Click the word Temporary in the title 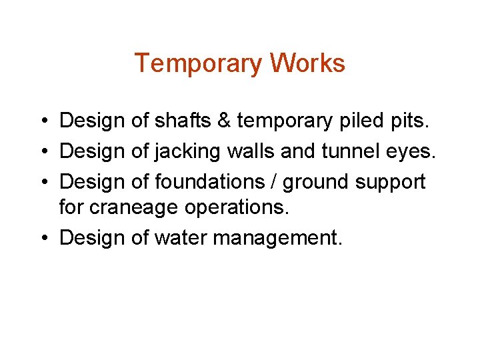pos(199,64)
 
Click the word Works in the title pos(307,64)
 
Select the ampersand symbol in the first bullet pos(224,121)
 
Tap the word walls pos(252,151)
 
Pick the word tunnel pos(346,151)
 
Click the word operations pos(237,208)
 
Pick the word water pos(181,238)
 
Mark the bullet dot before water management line pos(42,239)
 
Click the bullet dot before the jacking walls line pos(42,152)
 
